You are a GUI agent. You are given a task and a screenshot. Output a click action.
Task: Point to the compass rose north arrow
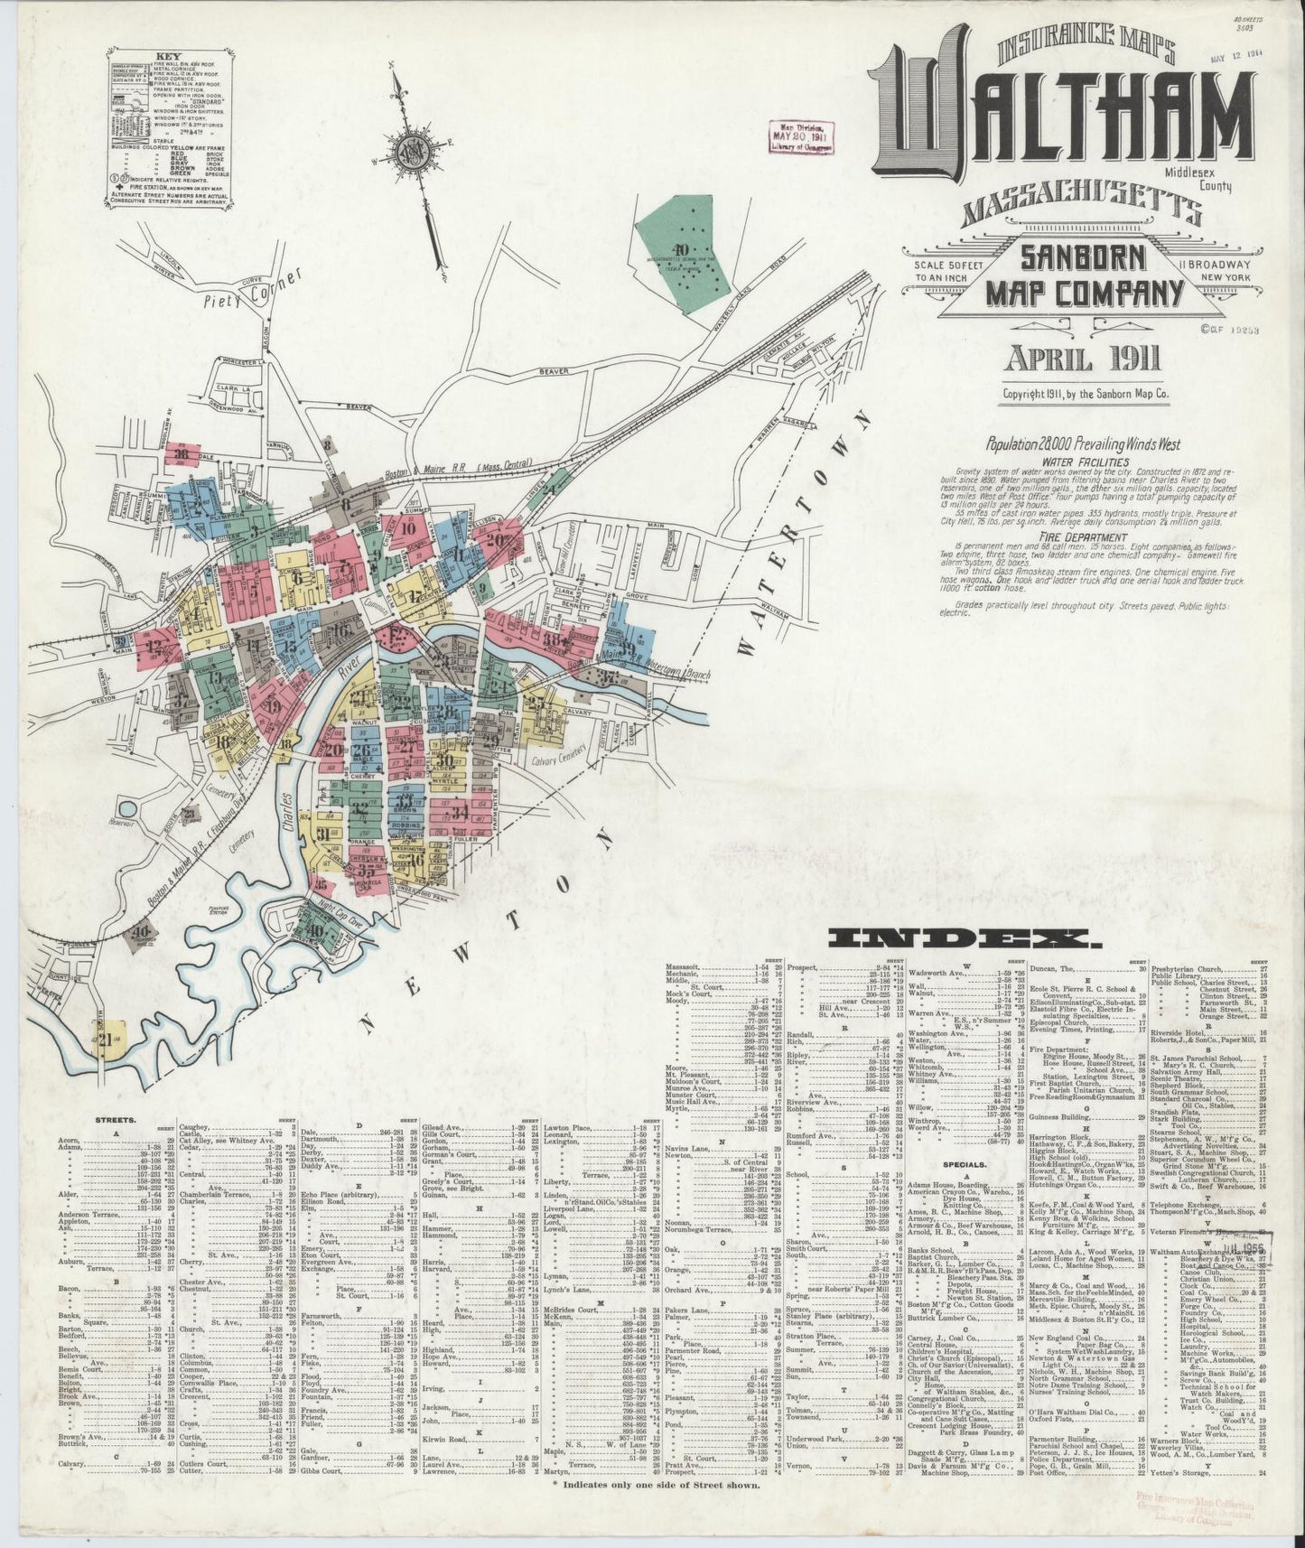click(x=413, y=149)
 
